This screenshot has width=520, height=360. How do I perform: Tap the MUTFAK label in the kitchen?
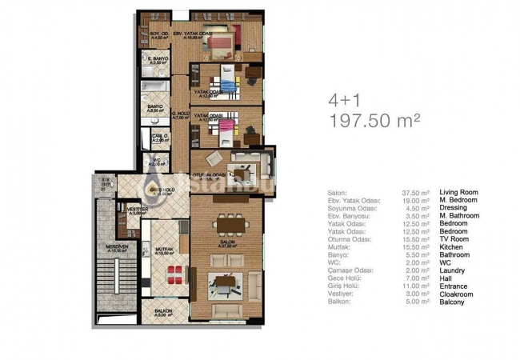pos(165,250)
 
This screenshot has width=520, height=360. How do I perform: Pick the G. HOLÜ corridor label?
pos(182,115)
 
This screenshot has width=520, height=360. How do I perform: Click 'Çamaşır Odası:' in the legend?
pos(350,270)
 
